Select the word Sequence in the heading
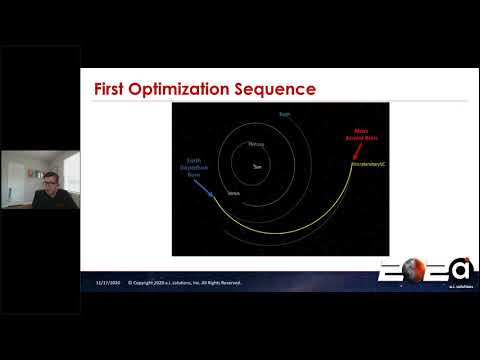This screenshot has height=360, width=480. click(281, 89)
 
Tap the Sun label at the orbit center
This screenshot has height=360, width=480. click(257, 166)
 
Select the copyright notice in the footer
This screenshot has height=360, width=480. click(185, 283)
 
